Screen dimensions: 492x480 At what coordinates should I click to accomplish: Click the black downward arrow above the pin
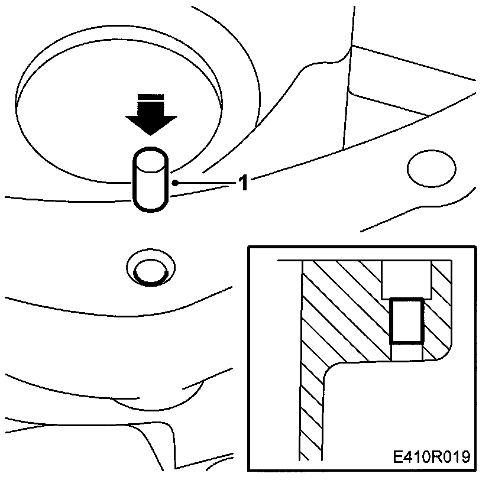(151, 119)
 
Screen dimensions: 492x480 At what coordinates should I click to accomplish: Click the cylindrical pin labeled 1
(151, 180)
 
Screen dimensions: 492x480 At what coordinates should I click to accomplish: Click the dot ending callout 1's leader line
(175, 184)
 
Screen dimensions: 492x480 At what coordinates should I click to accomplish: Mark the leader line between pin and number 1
(204, 184)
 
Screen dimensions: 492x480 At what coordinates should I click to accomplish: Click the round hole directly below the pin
(150, 270)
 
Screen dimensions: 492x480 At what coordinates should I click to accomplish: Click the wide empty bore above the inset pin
(406, 279)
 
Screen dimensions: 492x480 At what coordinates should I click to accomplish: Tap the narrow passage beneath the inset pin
(406, 352)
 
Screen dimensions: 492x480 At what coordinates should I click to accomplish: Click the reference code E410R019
(430, 457)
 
